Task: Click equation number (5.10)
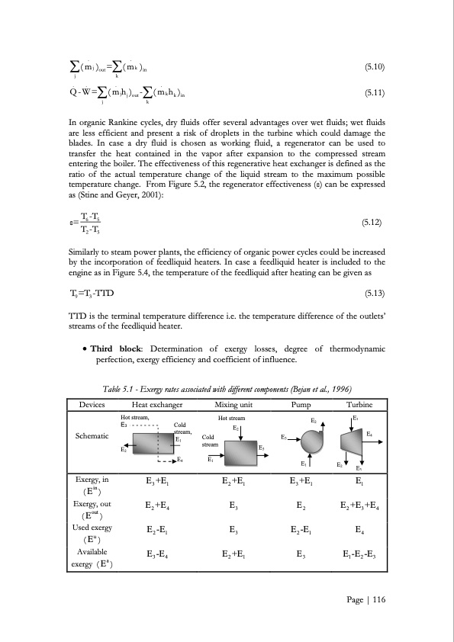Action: pos(373,67)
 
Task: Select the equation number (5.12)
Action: pos(373,223)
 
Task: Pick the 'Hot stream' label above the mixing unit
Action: pos(231,419)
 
